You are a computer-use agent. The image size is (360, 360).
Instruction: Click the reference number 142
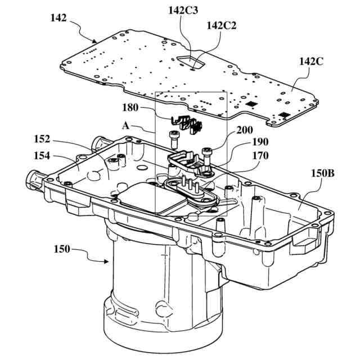tap(58, 19)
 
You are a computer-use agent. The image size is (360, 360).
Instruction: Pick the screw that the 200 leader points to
tap(207, 152)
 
